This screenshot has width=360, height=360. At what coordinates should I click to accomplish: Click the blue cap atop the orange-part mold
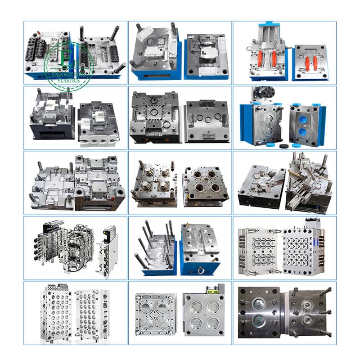[x=268, y=23]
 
